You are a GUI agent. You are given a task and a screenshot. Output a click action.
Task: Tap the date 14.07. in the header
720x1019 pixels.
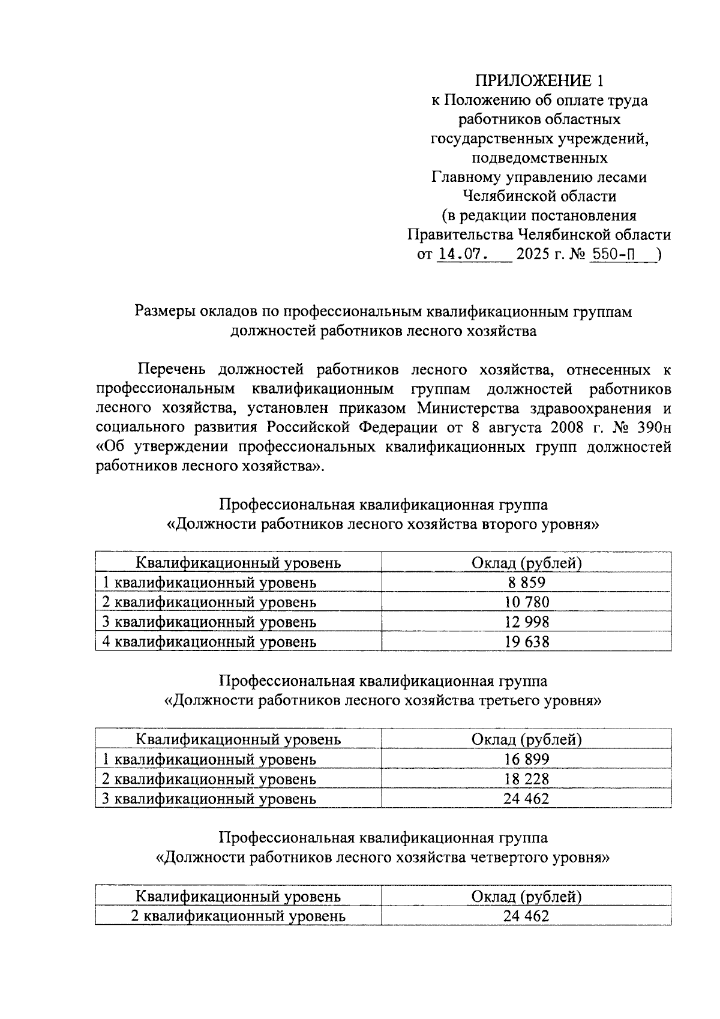tap(462, 254)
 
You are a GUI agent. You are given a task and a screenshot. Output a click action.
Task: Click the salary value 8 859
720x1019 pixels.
tap(526, 582)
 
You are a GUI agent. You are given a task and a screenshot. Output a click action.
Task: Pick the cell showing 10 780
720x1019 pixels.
tap(526, 602)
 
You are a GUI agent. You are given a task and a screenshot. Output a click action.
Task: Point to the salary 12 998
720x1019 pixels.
tap(526, 622)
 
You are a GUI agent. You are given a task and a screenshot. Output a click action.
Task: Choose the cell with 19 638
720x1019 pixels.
tap(526, 642)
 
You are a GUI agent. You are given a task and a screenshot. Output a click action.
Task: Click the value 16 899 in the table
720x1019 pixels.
tap(526, 759)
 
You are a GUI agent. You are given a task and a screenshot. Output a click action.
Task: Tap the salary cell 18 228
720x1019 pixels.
tap(526, 779)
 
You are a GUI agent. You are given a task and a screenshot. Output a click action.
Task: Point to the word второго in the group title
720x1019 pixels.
tap(511, 524)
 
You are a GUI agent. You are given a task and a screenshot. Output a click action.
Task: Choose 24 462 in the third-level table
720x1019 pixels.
tap(526, 799)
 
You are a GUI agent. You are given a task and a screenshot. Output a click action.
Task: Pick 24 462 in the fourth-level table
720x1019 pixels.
tap(526, 916)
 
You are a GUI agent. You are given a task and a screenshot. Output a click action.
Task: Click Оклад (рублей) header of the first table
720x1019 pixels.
tap(526, 563)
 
